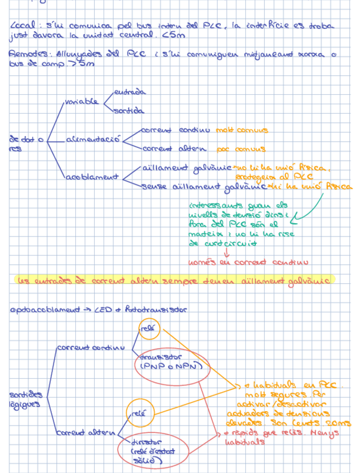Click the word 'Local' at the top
tap(22, 25)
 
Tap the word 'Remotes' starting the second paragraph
tap(26, 54)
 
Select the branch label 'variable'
tap(81, 102)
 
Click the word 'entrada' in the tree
tap(129, 92)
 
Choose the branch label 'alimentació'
tap(93, 139)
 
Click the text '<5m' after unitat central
tap(176, 35)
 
